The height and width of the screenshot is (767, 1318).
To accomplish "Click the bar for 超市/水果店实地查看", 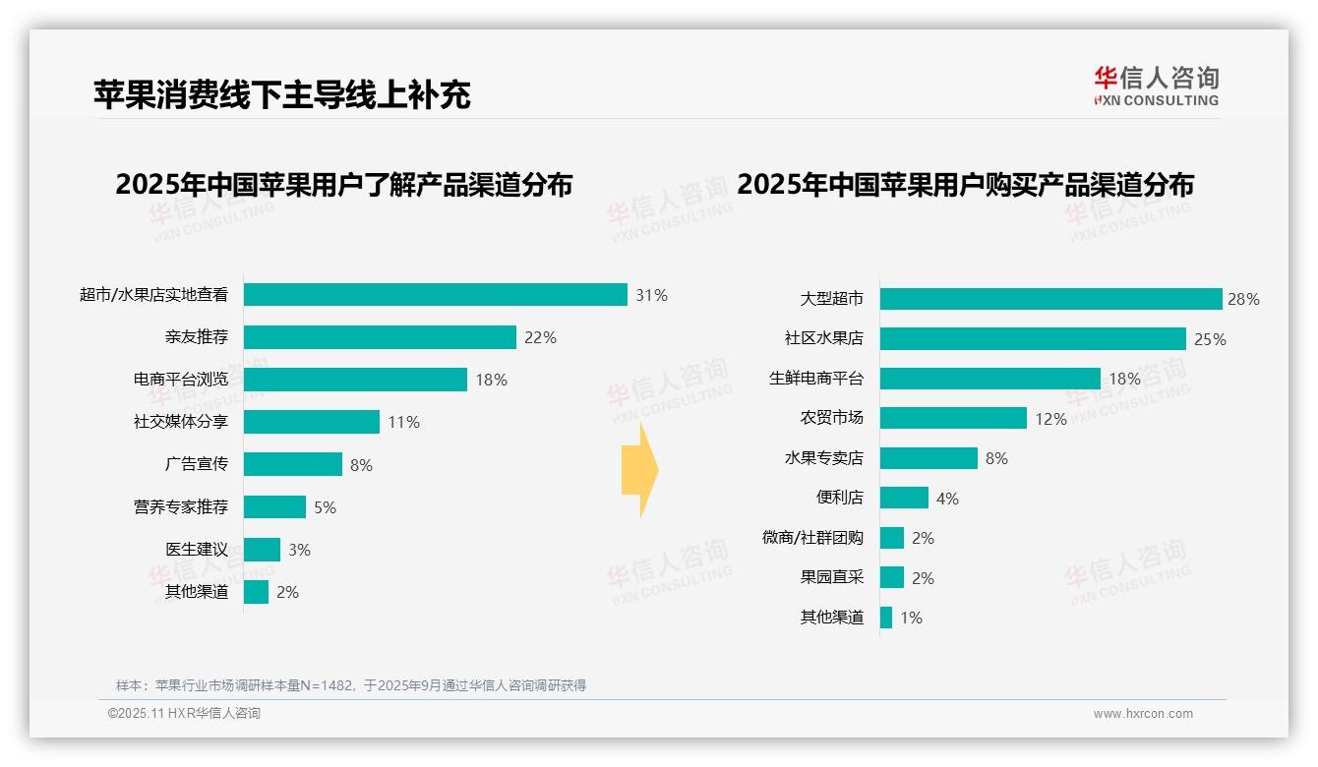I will [x=435, y=295].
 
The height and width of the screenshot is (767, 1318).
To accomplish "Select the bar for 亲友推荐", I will [x=380, y=337].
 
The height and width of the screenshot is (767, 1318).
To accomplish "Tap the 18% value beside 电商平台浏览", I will [x=492, y=380].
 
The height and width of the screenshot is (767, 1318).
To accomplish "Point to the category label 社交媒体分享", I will [x=181, y=422].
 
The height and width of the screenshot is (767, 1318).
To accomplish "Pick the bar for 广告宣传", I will [x=293, y=464].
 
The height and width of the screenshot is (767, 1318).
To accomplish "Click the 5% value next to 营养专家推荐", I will [x=326, y=507].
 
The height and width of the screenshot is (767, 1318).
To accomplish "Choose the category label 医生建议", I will [x=197, y=550].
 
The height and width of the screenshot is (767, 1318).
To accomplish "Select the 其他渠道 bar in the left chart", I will [x=256, y=592].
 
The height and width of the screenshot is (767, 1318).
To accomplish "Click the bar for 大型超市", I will [x=1050, y=299].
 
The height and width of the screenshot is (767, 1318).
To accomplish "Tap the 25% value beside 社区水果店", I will [x=1210, y=339].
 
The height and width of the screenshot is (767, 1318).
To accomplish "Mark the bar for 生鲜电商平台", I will [x=989, y=379].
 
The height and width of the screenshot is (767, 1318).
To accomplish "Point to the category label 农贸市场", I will [x=832, y=418].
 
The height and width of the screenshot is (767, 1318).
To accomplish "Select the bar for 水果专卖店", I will [x=929, y=458].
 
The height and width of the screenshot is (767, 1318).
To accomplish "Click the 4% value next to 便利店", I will [x=947, y=499].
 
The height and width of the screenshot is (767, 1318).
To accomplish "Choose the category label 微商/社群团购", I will [x=812, y=538].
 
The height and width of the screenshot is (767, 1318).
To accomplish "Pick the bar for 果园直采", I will [x=892, y=578].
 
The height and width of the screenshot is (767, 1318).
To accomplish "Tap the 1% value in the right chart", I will [x=911, y=618].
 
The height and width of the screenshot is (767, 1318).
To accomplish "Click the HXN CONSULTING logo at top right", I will [x=1157, y=86].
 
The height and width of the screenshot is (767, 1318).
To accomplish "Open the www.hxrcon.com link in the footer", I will [x=1143, y=714].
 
